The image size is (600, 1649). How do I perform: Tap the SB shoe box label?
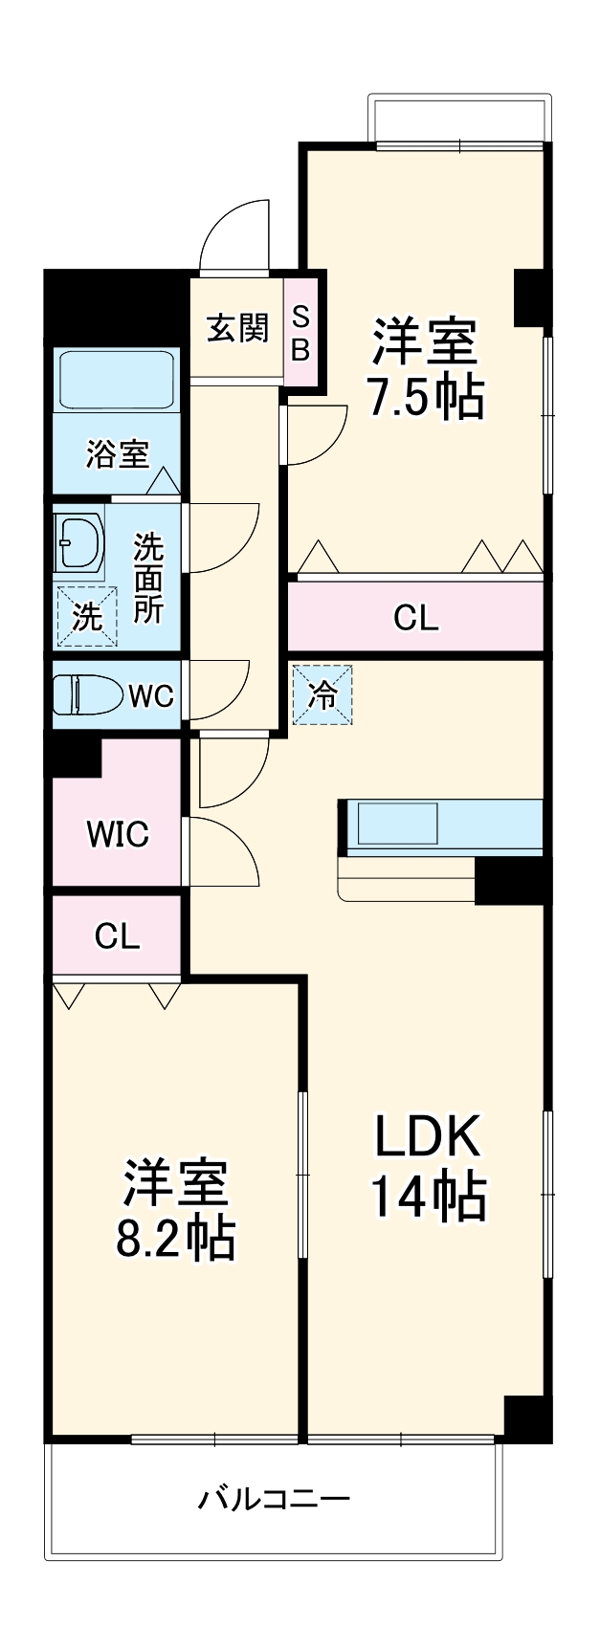point(300,333)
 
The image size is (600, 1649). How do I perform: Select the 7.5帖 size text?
point(426,398)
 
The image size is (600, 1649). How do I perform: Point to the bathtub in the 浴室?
point(117,380)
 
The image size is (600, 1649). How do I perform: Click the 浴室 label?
point(117,454)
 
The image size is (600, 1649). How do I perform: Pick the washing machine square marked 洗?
point(86,616)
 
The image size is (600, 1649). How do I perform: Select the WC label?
point(151,695)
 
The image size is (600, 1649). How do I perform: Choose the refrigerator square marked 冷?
point(323,695)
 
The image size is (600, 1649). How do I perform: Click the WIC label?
point(118,834)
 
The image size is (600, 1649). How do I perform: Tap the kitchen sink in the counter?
point(397,824)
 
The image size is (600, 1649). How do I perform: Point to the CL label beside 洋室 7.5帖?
point(416,618)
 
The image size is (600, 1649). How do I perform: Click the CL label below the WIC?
point(117,936)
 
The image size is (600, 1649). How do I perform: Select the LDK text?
point(426,1138)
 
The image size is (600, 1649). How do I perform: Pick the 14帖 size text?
point(428,1197)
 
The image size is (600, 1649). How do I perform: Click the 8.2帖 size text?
point(175,1239)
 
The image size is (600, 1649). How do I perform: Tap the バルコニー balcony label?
point(274,1497)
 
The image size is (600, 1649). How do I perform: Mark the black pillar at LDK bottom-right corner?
point(527,1418)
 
